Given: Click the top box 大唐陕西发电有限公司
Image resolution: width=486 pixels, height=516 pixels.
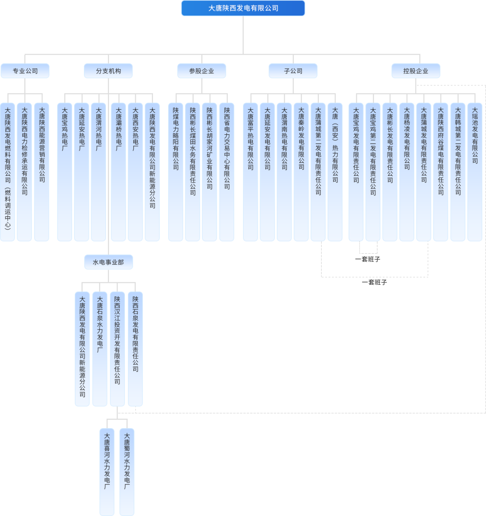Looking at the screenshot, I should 243,8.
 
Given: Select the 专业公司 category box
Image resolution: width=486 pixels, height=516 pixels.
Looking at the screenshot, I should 25,71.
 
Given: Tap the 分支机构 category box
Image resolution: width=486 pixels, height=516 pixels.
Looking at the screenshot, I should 108,71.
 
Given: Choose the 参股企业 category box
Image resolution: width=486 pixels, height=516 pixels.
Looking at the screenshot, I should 202,71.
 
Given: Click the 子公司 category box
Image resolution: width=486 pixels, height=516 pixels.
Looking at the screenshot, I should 293,71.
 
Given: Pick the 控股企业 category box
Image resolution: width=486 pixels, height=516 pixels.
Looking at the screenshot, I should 416,71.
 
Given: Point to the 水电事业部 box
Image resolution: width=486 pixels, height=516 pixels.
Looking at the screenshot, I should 108,262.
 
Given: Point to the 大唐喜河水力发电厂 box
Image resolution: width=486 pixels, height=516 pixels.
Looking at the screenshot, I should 107,472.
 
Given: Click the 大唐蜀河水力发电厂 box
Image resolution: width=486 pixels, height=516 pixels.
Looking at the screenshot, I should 127,472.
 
